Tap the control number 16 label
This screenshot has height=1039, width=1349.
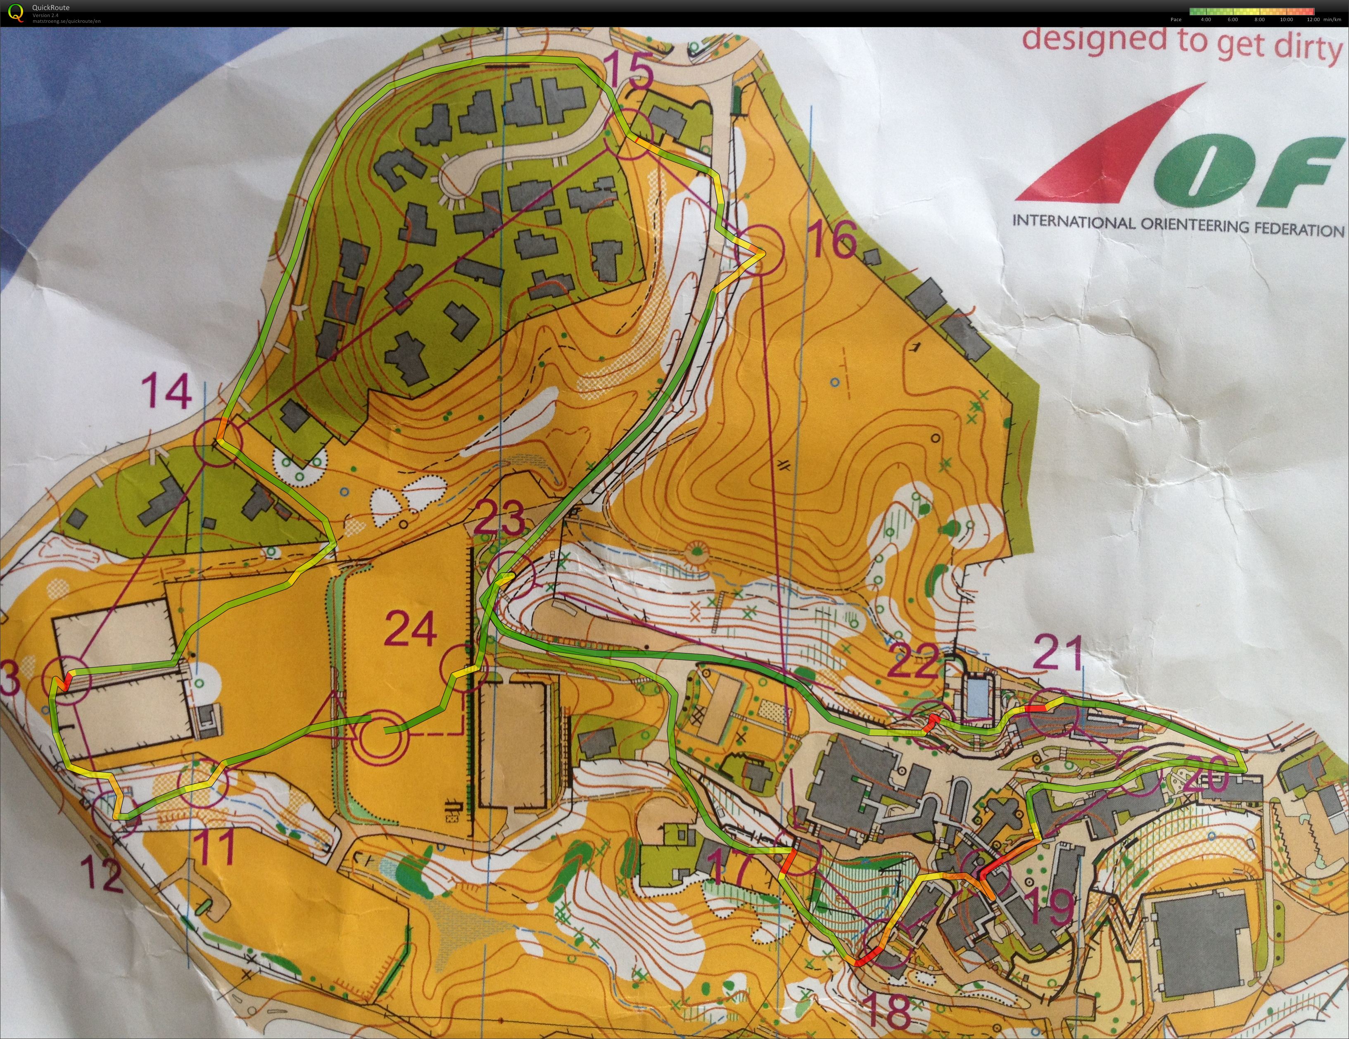832,240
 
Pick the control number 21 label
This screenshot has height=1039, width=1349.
1057,654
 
